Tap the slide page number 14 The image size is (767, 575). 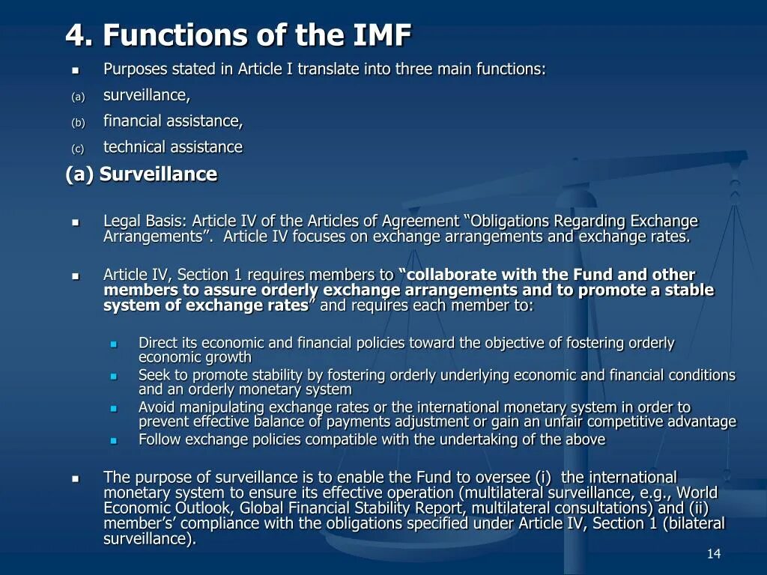click(x=713, y=553)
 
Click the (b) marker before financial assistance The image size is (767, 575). click(x=78, y=123)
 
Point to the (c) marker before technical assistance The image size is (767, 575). click(x=78, y=149)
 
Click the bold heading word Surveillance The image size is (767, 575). click(x=158, y=174)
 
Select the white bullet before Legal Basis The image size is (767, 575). click(x=76, y=222)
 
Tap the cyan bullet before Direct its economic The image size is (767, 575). click(x=114, y=344)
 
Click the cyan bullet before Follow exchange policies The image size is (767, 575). click(x=114, y=441)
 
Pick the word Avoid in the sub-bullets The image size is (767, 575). click(x=154, y=407)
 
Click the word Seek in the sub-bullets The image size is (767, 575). click(x=153, y=375)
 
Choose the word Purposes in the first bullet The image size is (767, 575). click(x=135, y=70)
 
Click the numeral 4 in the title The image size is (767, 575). click(x=74, y=35)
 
